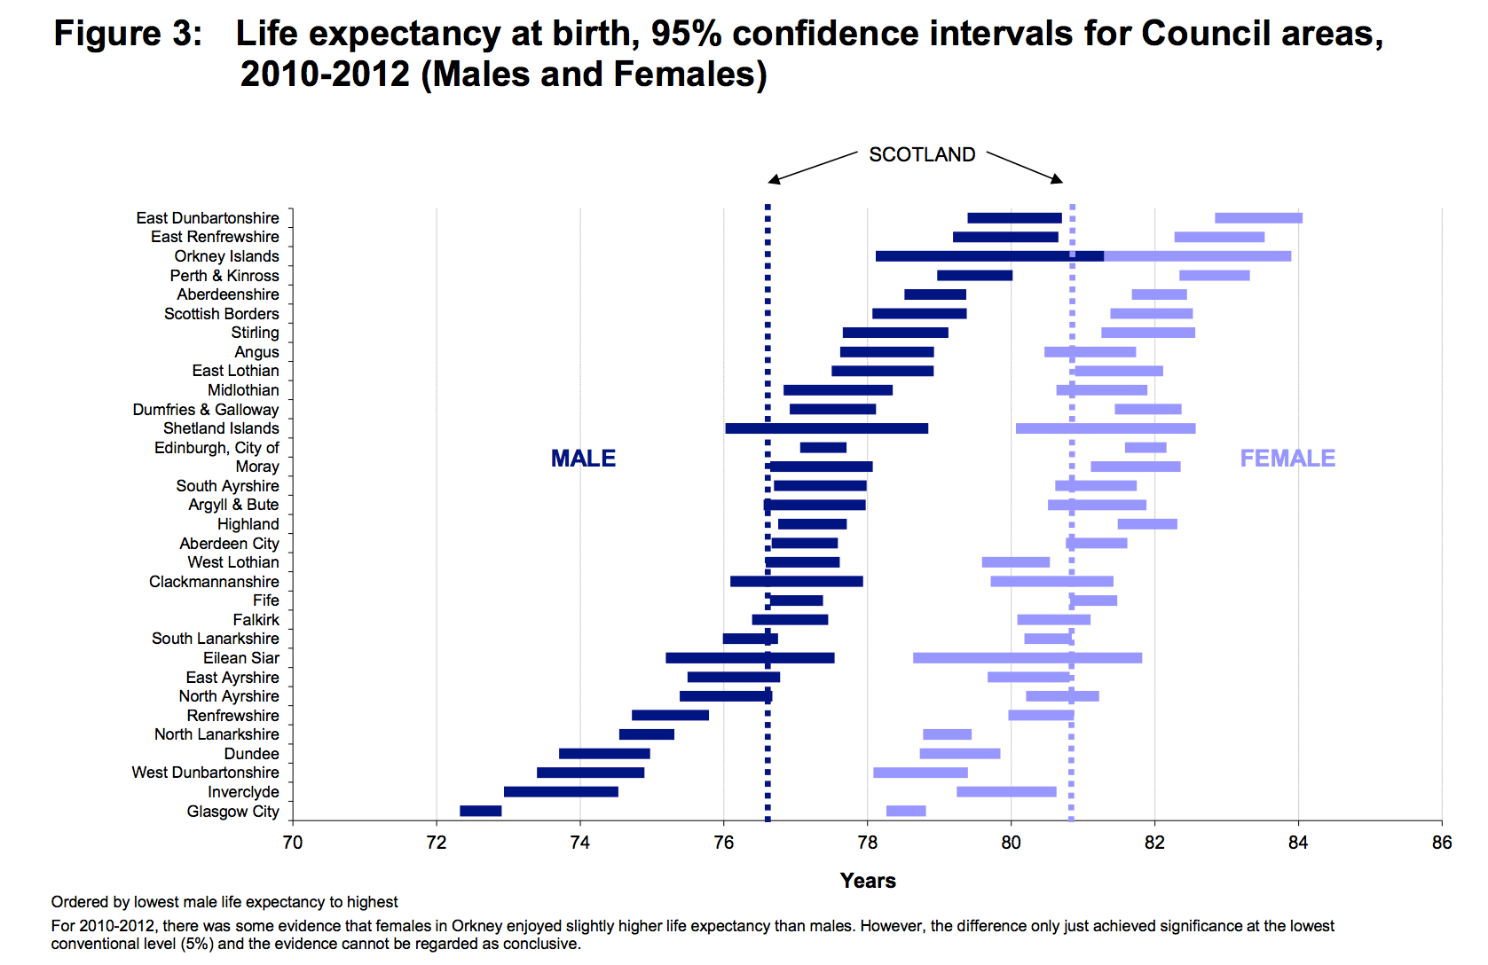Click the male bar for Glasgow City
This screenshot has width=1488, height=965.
480,811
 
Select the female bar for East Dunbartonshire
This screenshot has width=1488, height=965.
1258,218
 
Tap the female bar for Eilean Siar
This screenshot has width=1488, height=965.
1027,658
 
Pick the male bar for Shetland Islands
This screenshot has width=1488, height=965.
826,428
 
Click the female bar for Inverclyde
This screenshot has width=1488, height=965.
1006,791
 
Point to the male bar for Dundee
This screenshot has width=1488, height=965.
604,754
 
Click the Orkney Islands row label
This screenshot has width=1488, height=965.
226,256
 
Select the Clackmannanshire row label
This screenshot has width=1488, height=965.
214,582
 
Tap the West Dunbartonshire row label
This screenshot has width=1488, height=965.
205,773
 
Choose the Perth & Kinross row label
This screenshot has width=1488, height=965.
224,276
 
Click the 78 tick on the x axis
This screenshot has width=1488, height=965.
867,843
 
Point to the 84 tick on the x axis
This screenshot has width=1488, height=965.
1298,843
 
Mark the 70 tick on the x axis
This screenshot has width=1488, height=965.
292,843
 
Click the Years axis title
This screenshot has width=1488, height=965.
868,881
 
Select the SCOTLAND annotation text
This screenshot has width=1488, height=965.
922,155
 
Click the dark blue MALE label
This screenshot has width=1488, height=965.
583,459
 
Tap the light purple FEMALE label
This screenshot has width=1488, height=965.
1287,459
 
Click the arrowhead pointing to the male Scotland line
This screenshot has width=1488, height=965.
773,181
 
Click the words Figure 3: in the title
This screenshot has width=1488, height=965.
128,35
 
